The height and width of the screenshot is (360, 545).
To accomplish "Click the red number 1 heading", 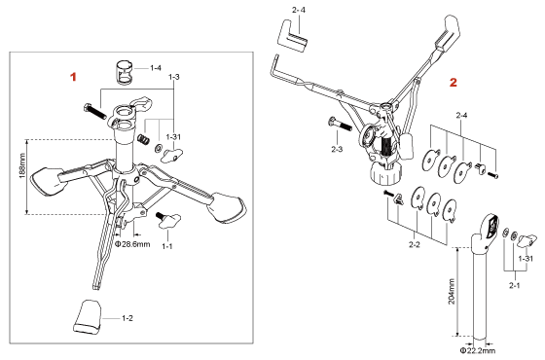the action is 73,77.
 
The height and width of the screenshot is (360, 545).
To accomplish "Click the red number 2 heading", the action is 454,83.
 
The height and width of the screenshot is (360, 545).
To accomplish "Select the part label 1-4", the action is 156,68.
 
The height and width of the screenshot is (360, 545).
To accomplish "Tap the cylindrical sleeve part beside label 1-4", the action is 125,73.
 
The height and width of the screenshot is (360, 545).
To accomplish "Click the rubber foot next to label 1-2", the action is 88,317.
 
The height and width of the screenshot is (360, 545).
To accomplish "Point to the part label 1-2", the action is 127,318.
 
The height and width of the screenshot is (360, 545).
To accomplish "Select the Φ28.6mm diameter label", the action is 132,244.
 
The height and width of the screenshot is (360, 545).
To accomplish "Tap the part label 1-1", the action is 167,246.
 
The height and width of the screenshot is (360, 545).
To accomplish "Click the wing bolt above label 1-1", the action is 169,221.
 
